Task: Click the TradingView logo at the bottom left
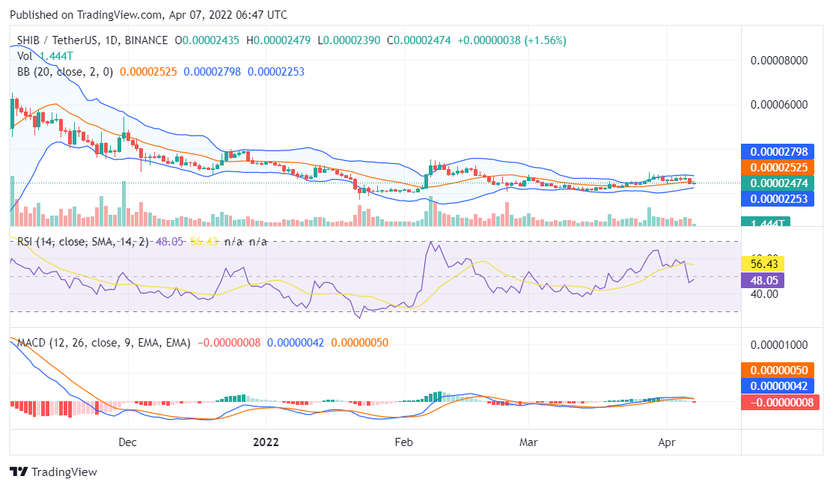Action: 53,472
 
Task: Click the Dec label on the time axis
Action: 128,442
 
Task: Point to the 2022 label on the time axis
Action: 265,442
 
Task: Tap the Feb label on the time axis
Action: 403,442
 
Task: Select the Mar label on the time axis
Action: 528,442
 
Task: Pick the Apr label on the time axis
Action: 666,442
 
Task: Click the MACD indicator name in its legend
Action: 32,342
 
